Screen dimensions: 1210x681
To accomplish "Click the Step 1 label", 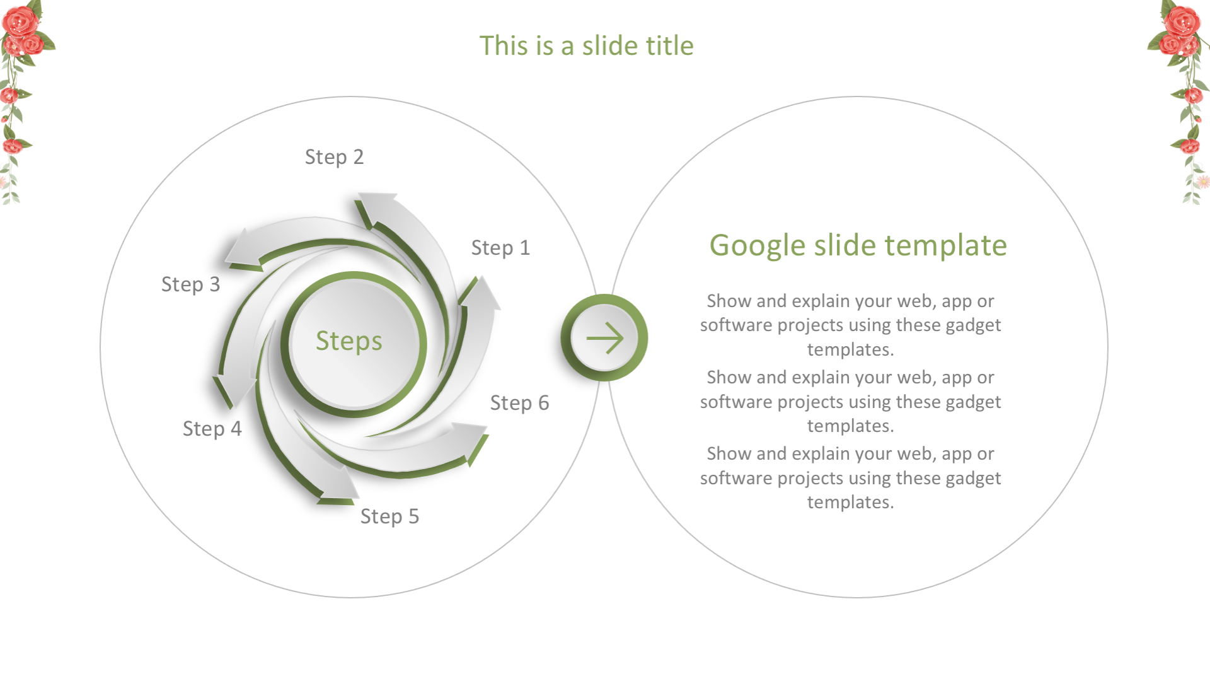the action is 500,248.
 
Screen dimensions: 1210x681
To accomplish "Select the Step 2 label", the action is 334,157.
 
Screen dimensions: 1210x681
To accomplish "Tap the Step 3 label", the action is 190,284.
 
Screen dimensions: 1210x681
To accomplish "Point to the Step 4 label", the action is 212,429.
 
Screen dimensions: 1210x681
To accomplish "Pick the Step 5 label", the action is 389,516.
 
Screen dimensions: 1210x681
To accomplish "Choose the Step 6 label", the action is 519,403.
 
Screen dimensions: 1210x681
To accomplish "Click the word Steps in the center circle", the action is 349,341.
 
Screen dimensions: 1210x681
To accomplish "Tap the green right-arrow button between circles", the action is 604,338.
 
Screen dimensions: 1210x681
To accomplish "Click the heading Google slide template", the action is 858,245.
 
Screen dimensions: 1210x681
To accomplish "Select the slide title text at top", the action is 586,46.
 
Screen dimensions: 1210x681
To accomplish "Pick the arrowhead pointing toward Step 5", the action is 339,486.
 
